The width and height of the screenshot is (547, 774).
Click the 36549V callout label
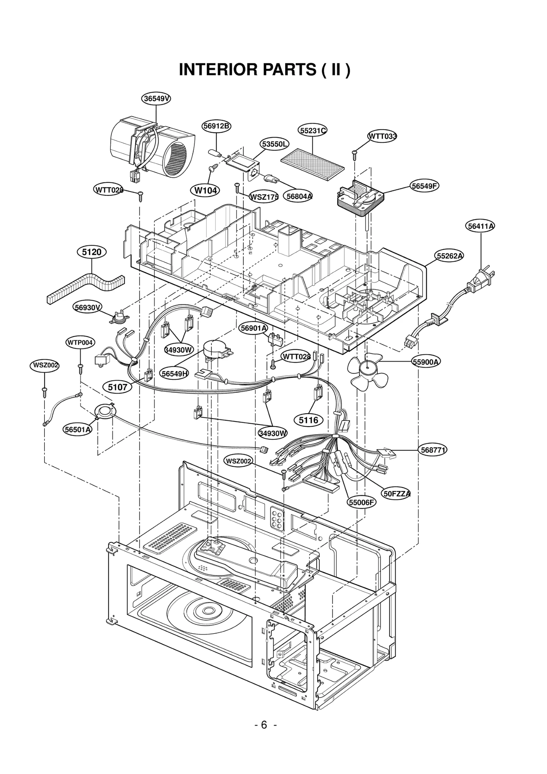pyautogui.click(x=156, y=99)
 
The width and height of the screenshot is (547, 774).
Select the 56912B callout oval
pyautogui.click(x=216, y=126)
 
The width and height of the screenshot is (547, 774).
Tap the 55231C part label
pyautogui.click(x=312, y=131)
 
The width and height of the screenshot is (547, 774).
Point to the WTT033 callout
pyautogui.click(x=382, y=136)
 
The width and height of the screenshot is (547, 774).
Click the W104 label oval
pyautogui.click(x=205, y=190)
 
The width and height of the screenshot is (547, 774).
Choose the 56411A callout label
pyautogui.click(x=481, y=226)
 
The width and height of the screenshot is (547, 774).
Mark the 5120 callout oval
pyautogui.click(x=92, y=252)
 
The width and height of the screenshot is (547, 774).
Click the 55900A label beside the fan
pyautogui.click(x=426, y=362)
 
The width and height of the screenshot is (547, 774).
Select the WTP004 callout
pyautogui.click(x=80, y=342)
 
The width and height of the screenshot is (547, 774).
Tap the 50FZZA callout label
pyautogui.click(x=397, y=494)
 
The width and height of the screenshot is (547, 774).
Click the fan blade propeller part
pyautogui.click(x=367, y=371)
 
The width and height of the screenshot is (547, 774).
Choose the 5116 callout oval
pyautogui.click(x=308, y=420)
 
